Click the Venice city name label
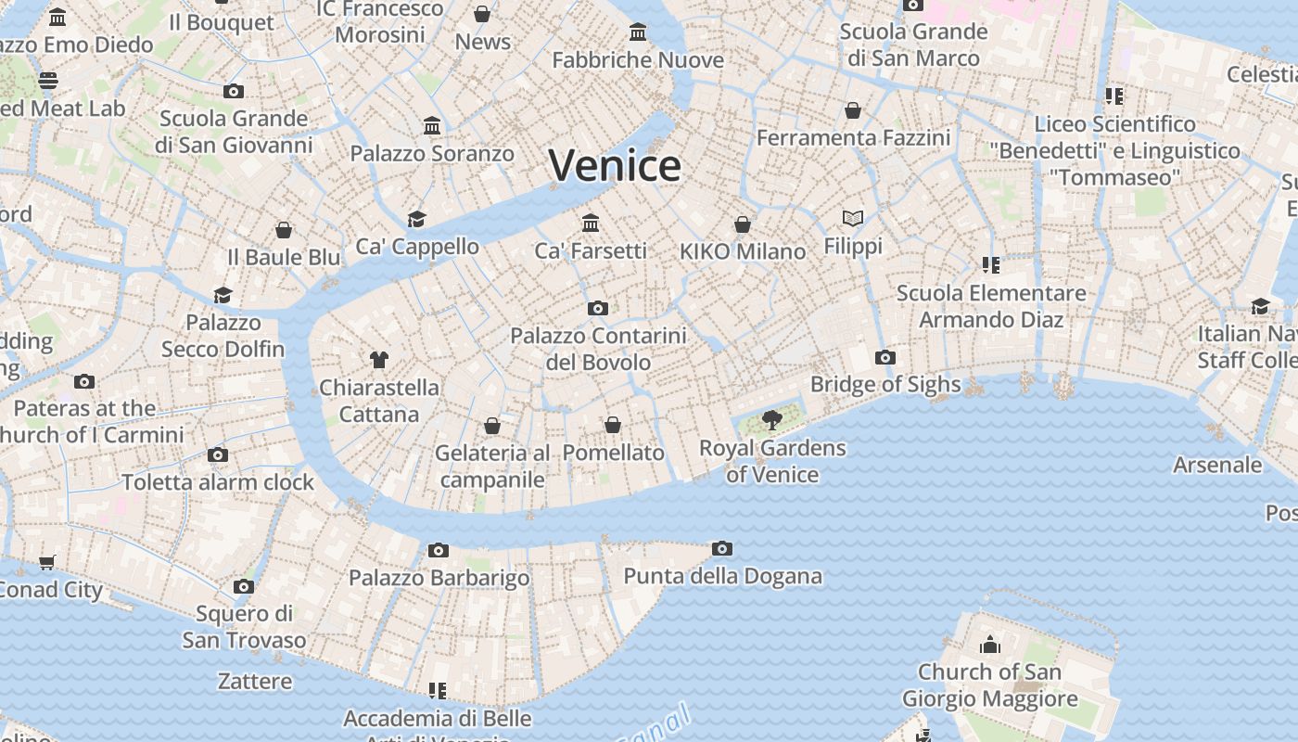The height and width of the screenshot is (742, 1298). coord(615,166)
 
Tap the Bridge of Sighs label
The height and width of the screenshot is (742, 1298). coord(884,384)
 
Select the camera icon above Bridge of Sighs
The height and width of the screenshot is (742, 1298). coord(885,357)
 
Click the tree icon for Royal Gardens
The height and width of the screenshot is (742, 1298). coord(771,420)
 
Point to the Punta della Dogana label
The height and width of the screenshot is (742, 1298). coord(722,576)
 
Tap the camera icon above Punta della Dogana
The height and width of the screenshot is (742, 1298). coord(722,549)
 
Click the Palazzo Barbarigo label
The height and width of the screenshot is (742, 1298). coord(439,578)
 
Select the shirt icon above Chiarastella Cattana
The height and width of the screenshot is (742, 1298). coord(378,359)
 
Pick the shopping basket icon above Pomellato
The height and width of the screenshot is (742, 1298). coord(613,425)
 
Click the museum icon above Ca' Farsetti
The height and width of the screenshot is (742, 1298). coord(591,223)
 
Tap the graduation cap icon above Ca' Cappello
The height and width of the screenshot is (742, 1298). coord(417,219)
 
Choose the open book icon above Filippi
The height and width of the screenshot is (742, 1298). coord(853,218)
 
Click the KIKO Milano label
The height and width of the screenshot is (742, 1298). coord(743,251)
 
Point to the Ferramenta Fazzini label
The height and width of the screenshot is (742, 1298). coord(853,138)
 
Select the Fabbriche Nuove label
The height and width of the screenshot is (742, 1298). coord(638,60)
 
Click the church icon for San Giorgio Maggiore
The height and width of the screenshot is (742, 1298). coord(990,644)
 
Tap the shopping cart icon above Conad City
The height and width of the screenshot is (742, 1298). coord(47,562)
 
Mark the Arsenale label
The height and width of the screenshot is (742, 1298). coord(1217,465)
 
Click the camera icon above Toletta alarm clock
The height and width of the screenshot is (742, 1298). coord(218,454)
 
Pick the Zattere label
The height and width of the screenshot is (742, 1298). coord(255,682)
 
